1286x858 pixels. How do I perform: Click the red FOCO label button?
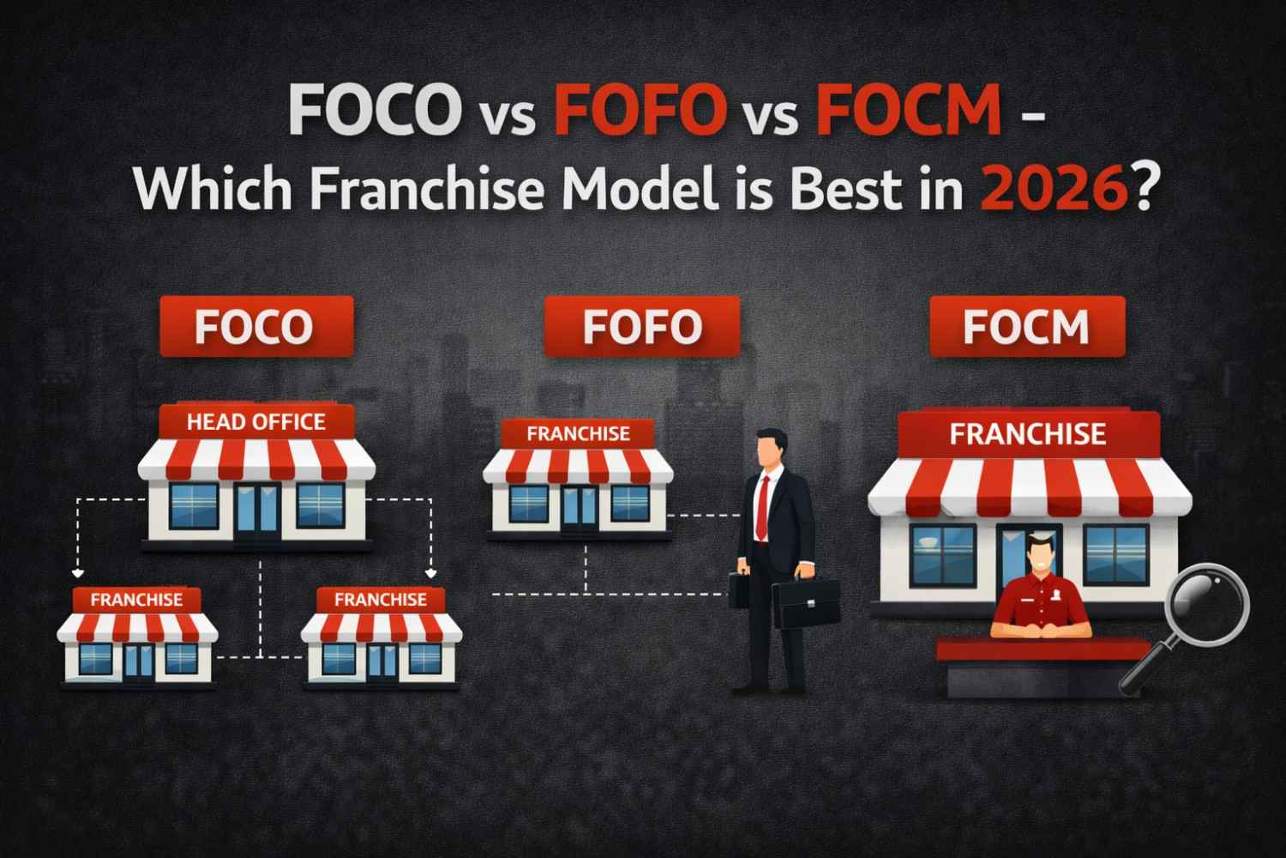tap(255, 327)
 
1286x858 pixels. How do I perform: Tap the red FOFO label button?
tap(641, 327)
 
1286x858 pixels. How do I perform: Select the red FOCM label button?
tap(1026, 327)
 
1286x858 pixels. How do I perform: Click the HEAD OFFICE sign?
tap(255, 421)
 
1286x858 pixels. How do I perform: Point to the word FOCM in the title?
tap(910, 112)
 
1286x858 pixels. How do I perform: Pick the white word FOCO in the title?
tap(371, 112)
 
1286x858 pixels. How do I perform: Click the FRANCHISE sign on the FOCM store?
tap(1027, 434)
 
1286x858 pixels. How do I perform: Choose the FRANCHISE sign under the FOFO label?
tap(578, 434)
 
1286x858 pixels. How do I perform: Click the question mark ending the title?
tap(1139, 190)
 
